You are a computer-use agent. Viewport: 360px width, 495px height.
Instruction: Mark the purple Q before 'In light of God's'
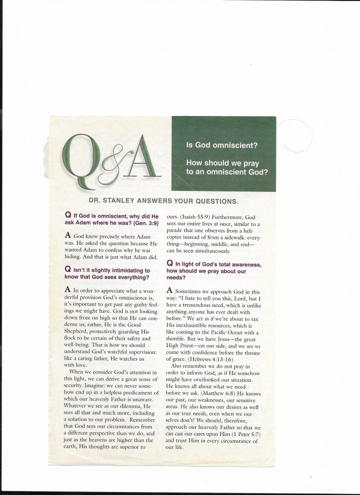tap(170, 264)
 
